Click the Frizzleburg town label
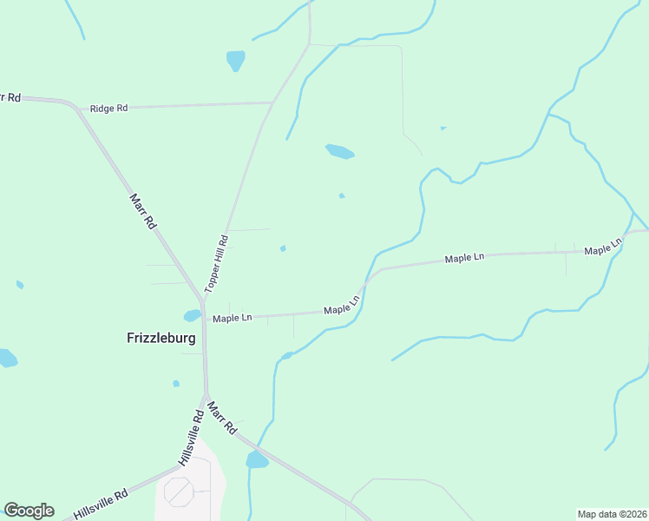[161, 339]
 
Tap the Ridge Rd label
[109, 109]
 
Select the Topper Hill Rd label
[216, 263]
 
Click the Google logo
[29, 511]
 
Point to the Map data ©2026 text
[612, 513]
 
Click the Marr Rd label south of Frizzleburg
[223, 417]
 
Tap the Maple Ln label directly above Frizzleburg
[232, 318]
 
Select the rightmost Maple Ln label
[604, 247]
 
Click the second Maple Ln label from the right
[464, 258]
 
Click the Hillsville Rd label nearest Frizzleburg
[191, 438]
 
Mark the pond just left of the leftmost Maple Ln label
[192, 315]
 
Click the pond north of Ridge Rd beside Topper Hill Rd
[235, 60]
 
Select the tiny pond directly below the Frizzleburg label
[176, 383]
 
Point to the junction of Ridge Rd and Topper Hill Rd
[272, 102]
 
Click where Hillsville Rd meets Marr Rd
[206, 397]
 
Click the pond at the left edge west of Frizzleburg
[7, 358]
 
